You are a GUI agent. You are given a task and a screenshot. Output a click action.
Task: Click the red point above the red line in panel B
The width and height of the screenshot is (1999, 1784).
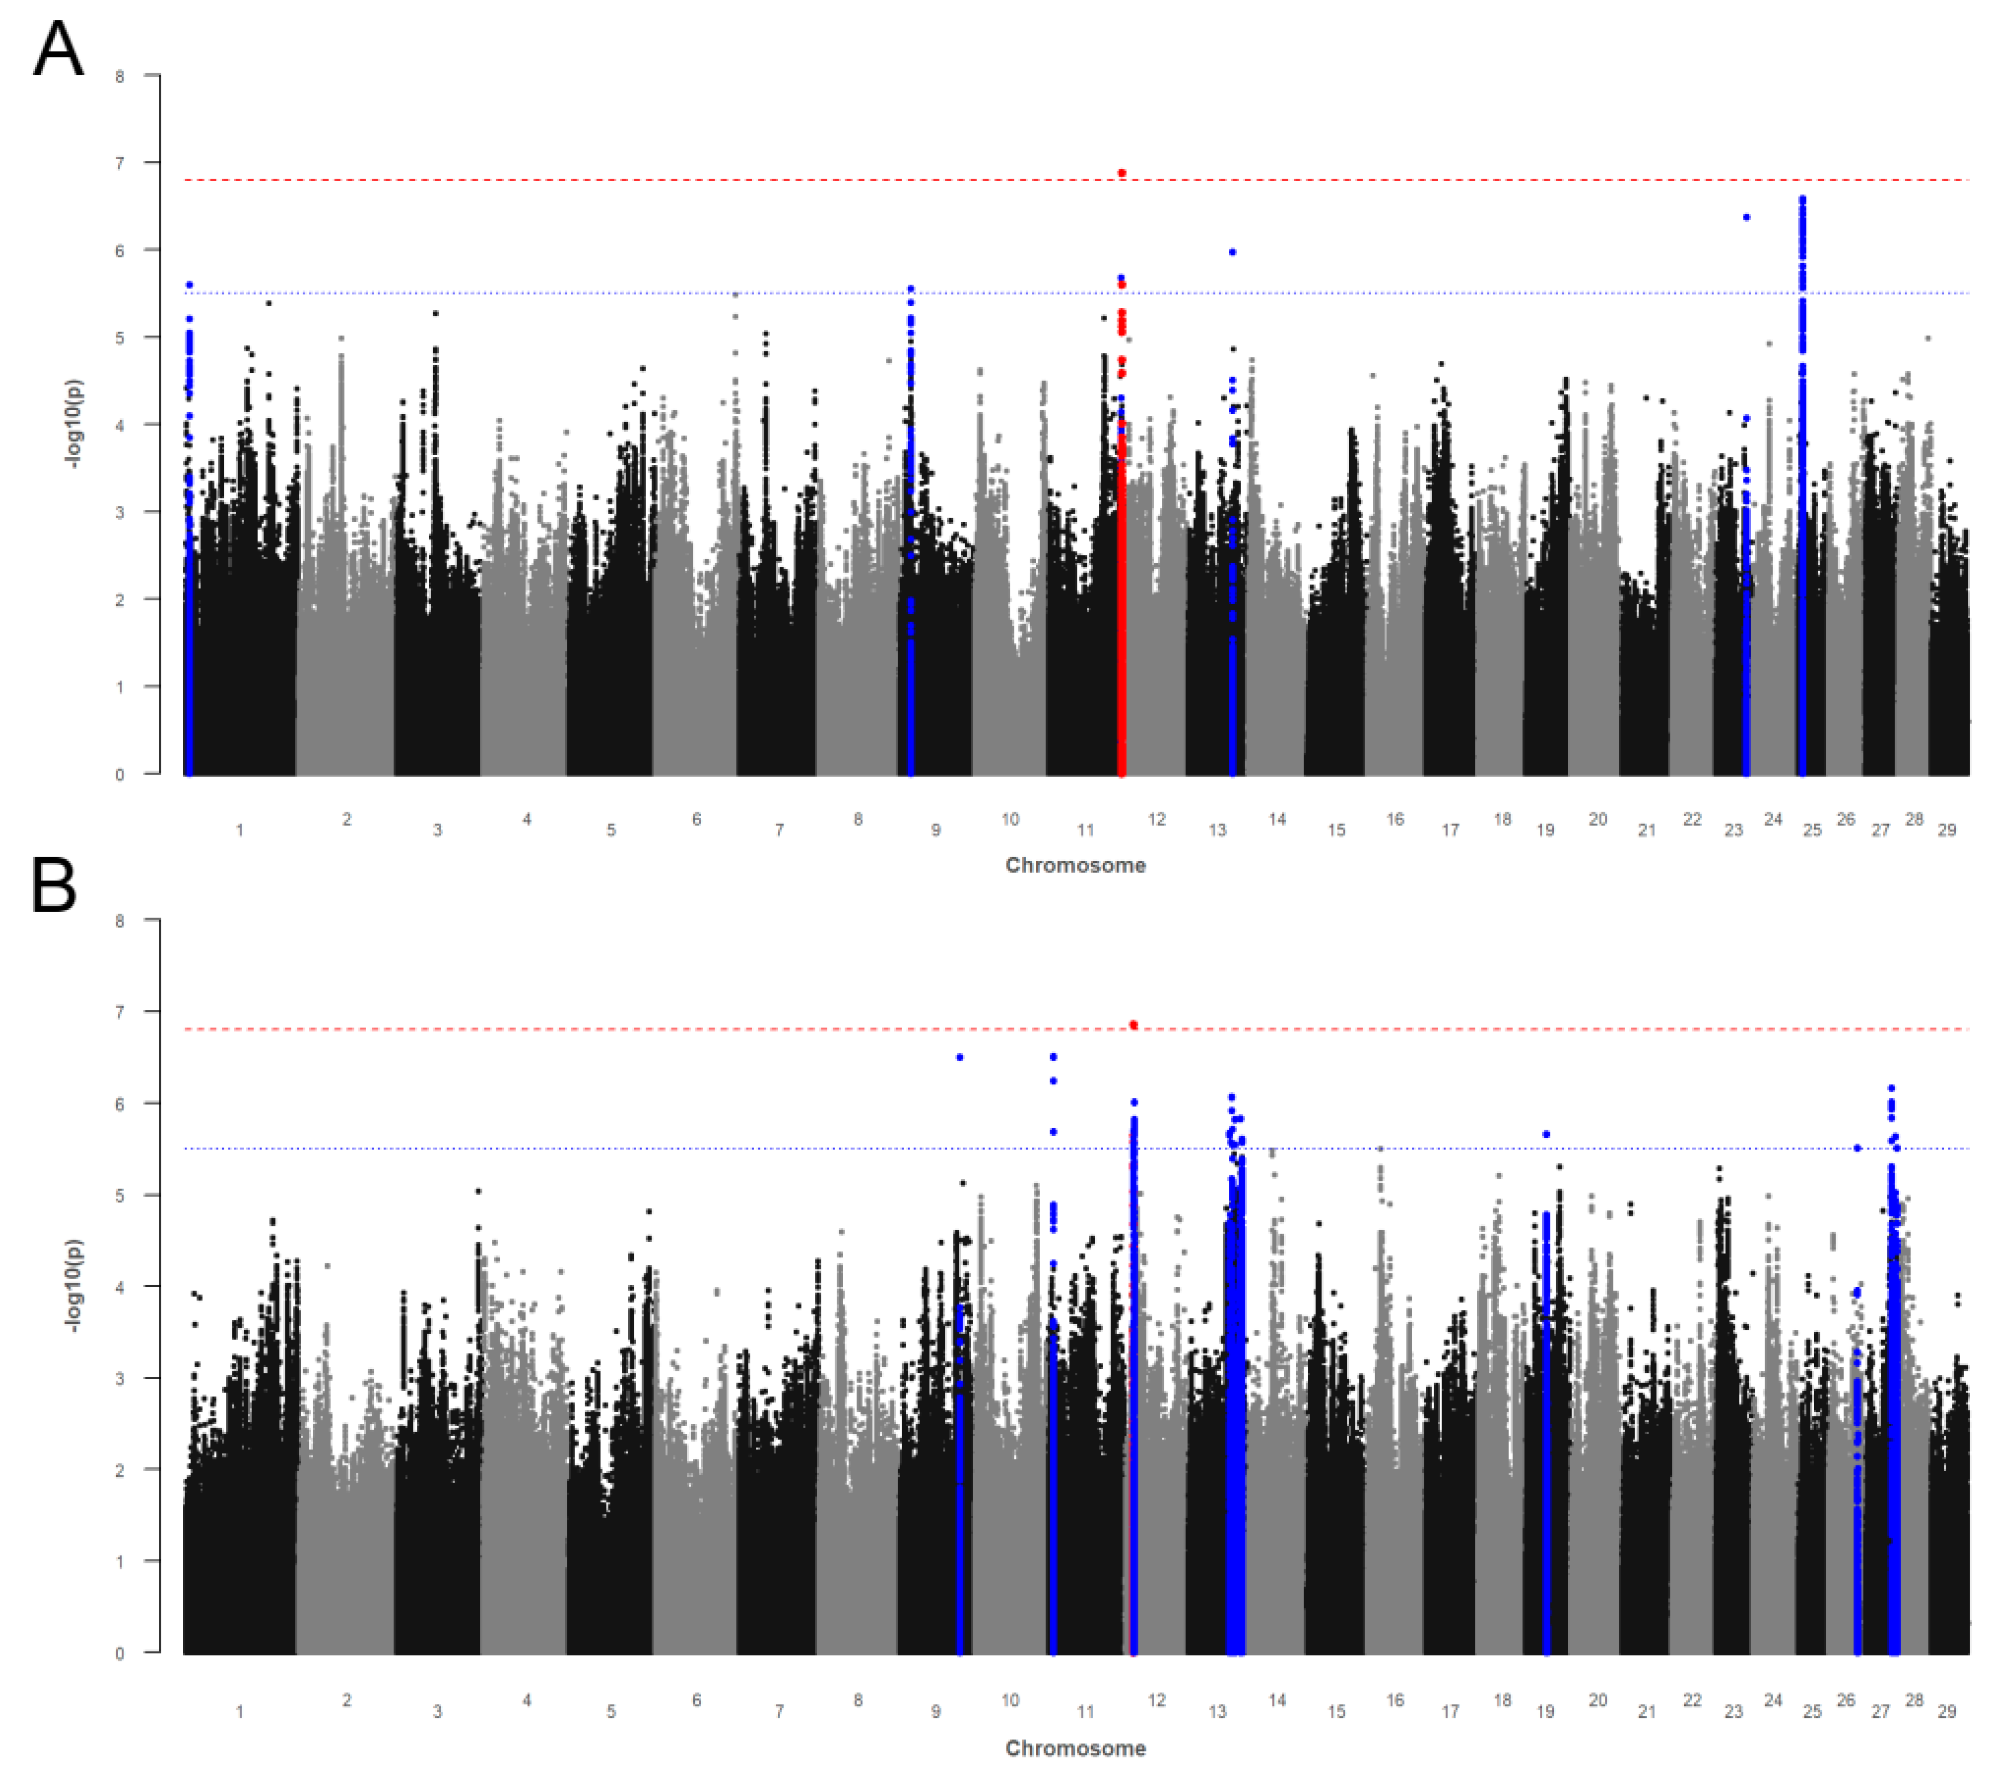(x=1133, y=1025)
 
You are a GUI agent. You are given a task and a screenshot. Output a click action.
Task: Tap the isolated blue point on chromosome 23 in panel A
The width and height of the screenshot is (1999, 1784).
(x=1746, y=218)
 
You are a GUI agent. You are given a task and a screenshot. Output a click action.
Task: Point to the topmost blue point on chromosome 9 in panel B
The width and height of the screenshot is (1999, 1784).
(x=960, y=1058)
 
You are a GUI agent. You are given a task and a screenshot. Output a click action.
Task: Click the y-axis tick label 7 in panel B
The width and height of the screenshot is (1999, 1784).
(x=120, y=1012)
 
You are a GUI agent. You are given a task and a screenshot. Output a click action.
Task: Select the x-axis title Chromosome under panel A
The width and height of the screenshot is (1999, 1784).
(x=1075, y=865)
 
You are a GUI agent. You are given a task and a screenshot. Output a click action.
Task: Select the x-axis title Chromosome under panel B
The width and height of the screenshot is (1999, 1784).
(x=1075, y=1749)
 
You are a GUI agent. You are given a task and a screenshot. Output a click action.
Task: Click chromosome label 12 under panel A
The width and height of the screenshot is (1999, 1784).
(x=1157, y=819)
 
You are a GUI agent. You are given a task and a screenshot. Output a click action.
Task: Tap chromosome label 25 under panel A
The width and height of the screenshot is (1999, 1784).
(x=1812, y=830)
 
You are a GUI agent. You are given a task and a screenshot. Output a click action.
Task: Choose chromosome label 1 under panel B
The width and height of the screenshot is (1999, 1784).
(x=239, y=1712)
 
